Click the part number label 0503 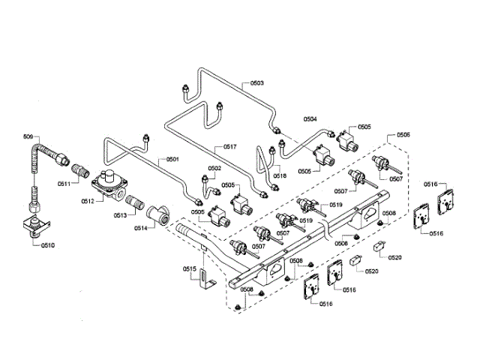click(x=256, y=82)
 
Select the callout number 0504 click(x=310, y=119)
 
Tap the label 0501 click(x=172, y=159)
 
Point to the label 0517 click(x=229, y=146)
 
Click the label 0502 click(x=214, y=169)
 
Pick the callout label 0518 click(x=279, y=175)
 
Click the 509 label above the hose click(x=28, y=136)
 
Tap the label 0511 click(x=64, y=182)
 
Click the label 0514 click(x=141, y=227)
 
